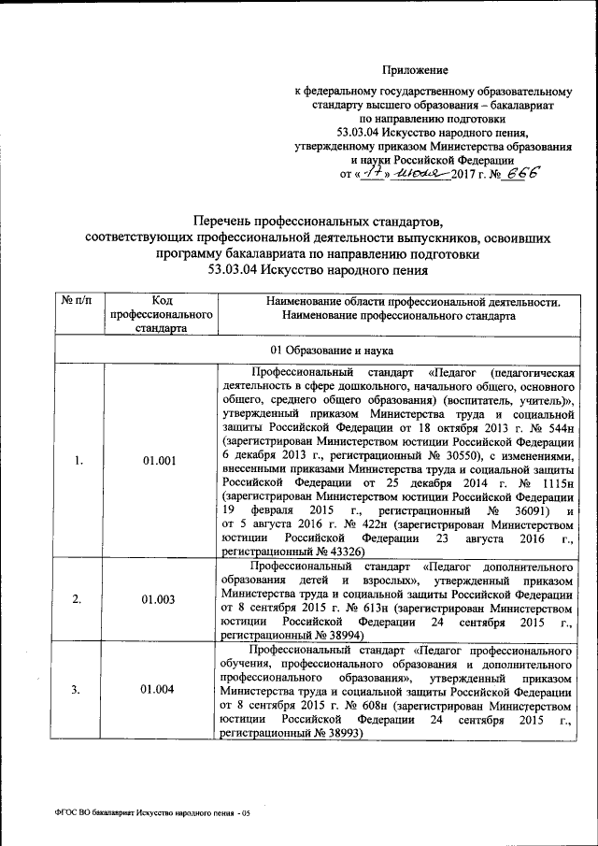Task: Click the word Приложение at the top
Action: tap(418, 70)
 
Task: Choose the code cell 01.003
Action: tap(160, 599)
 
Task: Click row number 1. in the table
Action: tap(79, 460)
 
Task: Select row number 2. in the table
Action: tap(79, 599)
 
